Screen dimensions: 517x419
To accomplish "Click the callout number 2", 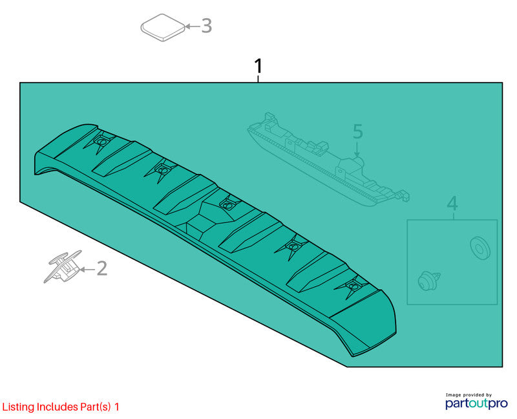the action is [102, 268].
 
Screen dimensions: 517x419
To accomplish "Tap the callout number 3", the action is [206, 26].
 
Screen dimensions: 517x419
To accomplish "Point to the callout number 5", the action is [358, 131].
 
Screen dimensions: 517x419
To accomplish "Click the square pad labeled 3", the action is [163, 27].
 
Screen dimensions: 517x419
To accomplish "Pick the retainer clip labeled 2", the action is [63, 266].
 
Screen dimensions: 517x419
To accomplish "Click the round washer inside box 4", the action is [480, 248].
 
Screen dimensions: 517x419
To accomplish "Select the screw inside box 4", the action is [428, 281].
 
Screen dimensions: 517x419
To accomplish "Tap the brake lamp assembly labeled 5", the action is [328, 160].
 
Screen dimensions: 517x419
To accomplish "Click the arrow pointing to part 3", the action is [193, 26].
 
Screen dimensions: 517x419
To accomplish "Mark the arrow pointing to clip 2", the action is [87, 270].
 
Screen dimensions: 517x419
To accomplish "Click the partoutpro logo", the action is [476, 403].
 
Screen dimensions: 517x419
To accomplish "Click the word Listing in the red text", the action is [18, 407].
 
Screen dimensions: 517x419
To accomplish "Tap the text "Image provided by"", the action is [469, 395].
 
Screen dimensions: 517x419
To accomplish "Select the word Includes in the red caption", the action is [58, 407].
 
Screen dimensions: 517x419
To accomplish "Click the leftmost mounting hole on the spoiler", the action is [101, 142].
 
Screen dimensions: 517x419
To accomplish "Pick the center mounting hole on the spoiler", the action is [227, 205].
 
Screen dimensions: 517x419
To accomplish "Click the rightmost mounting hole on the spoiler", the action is [353, 286].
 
